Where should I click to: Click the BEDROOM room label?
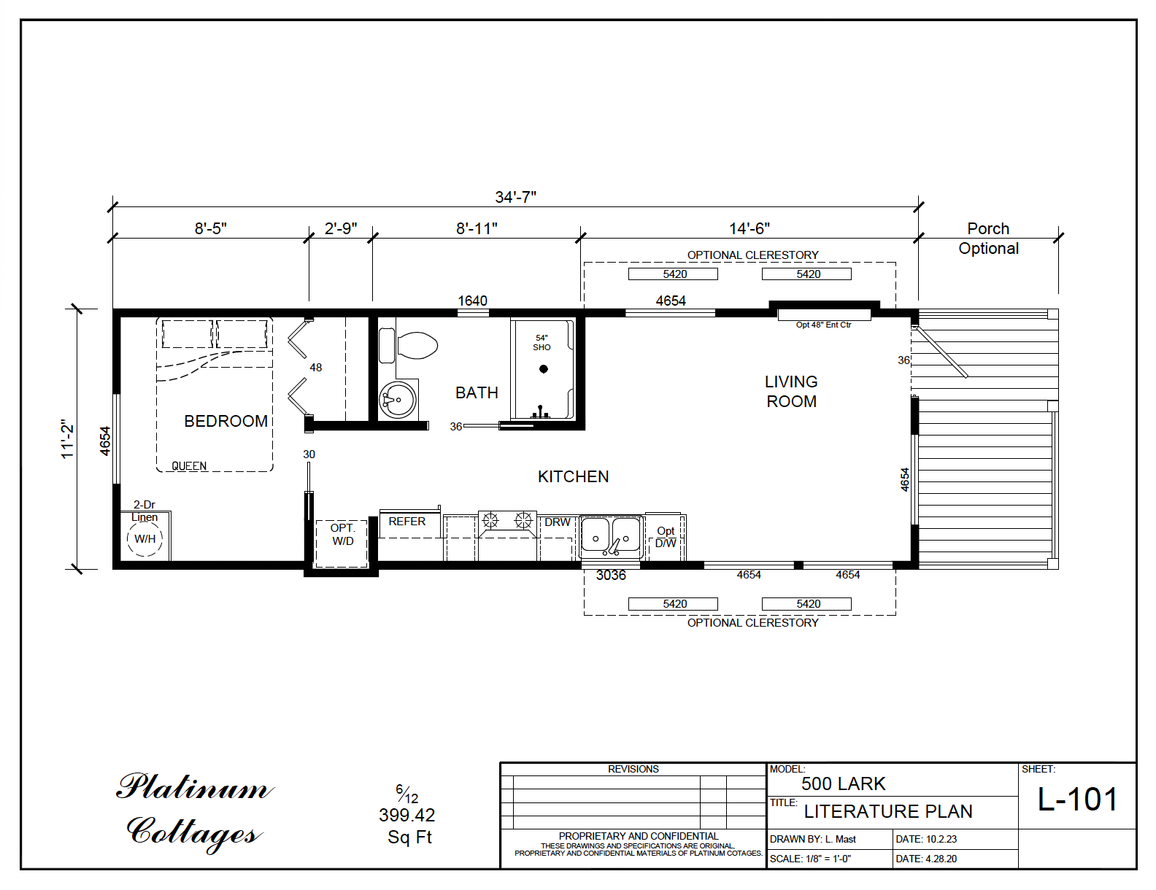tap(226, 422)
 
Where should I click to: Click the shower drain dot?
tap(544, 369)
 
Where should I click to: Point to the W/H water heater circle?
tap(144, 539)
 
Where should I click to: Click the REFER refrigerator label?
tap(406, 522)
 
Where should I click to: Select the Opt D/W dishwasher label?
tap(665, 537)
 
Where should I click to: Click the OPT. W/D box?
tap(342, 542)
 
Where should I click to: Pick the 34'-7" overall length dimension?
tap(515, 197)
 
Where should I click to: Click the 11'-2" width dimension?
tap(68, 439)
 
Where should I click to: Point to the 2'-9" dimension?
tap(340, 228)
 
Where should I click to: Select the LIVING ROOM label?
tap(791, 392)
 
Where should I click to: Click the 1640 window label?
tap(472, 301)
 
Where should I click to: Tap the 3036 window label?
tap(611, 576)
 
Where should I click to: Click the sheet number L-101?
tap(1077, 800)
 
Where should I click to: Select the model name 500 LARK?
tap(843, 784)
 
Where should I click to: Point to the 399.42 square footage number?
tap(406, 816)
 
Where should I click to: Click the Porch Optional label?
tap(988, 239)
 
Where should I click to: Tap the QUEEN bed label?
tap(189, 466)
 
